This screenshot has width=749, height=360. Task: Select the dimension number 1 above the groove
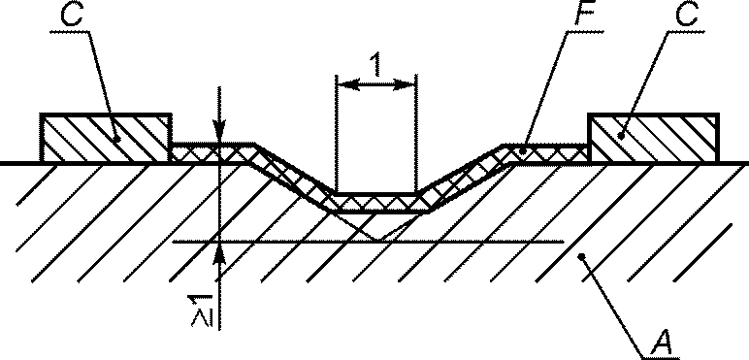(x=376, y=64)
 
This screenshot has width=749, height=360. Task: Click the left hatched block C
(x=106, y=139)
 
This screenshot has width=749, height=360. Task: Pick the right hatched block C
(x=653, y=139)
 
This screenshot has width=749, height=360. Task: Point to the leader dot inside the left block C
(x=117, y=139)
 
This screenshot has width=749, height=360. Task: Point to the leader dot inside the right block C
(x=621, y=136)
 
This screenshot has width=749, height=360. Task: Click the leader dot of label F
(x=522, y=151)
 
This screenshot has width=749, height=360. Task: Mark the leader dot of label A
(x=581, y=257)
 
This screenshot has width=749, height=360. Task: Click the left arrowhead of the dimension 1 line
(x=347, y=85)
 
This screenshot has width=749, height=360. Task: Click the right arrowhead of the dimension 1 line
(x=406, y=85)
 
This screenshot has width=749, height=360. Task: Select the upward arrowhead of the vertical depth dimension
(x=218, y=253)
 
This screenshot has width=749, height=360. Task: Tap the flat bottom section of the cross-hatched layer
(x=376, y=203)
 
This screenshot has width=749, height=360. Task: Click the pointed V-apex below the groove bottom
(x=378, y=240)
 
